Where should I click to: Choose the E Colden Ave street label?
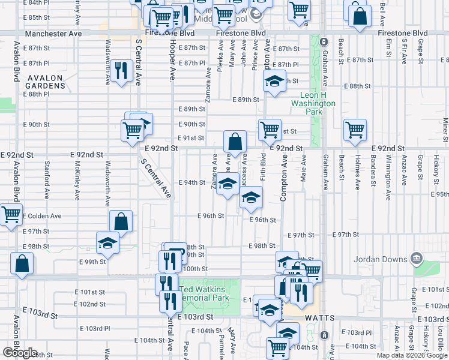coord(43,216)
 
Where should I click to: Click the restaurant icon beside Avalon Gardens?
coord(122,71)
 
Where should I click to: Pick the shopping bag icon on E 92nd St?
coord(236,142)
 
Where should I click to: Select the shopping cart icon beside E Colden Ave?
coord(10,214)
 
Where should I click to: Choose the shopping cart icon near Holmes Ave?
coord(355,129)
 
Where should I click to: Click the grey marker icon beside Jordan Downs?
coord(418,259)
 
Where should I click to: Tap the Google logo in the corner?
coord(20,353)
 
